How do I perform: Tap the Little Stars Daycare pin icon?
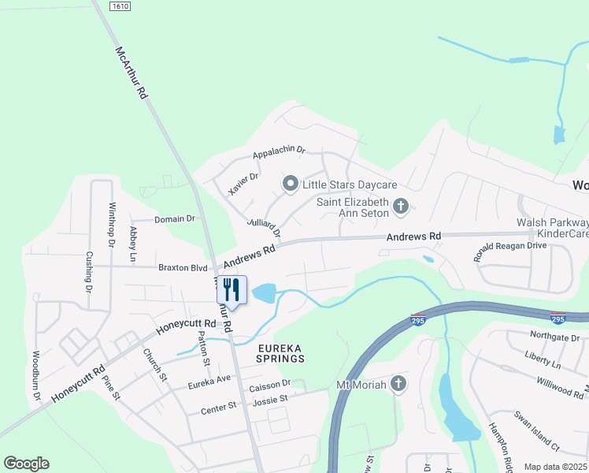tap(290, 184)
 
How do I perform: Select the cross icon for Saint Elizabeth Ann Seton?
tap(401, 207)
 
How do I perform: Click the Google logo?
tap(26, 464)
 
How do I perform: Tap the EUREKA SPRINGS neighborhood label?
tap(279, 352)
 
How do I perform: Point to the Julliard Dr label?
tap(264, 228)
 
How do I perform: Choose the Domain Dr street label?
tap(174, 219)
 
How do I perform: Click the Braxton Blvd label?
tap(182, 268)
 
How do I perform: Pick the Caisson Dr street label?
tap(270, 384)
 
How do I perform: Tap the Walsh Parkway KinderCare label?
tap(553, 229)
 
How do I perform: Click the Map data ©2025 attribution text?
tap(555, 467)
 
